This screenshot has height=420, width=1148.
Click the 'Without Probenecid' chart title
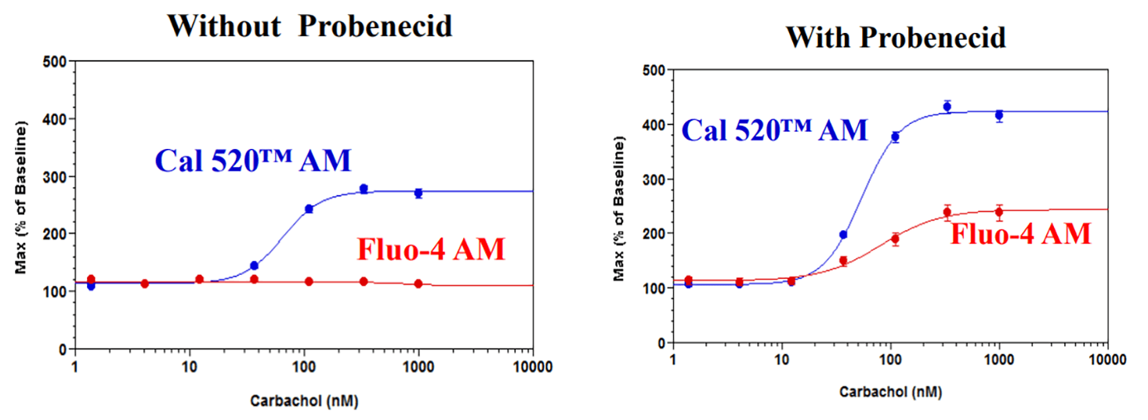click(310, 26)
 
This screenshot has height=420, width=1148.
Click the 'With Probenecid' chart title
click(896, 37)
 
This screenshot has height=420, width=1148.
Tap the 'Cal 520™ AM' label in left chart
click(253, 161)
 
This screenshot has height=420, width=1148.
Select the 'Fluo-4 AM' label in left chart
click(430, 249)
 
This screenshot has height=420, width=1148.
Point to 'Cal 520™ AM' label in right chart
click(774, 129)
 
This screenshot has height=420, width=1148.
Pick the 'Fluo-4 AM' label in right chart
click(1020, 234)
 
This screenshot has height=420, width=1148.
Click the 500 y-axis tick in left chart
click(55, 62)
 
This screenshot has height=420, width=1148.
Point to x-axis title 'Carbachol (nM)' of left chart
click(304, 400)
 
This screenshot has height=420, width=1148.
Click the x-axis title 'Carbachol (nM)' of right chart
click(890, 391)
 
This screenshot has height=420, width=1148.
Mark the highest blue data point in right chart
click(947, 107)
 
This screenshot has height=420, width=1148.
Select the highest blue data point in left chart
click(364, 189)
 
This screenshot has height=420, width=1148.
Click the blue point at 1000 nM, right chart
click(999, 115)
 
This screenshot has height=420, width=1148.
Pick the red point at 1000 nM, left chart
click(418, 284)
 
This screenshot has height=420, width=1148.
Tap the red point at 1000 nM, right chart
click(999, 212)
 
